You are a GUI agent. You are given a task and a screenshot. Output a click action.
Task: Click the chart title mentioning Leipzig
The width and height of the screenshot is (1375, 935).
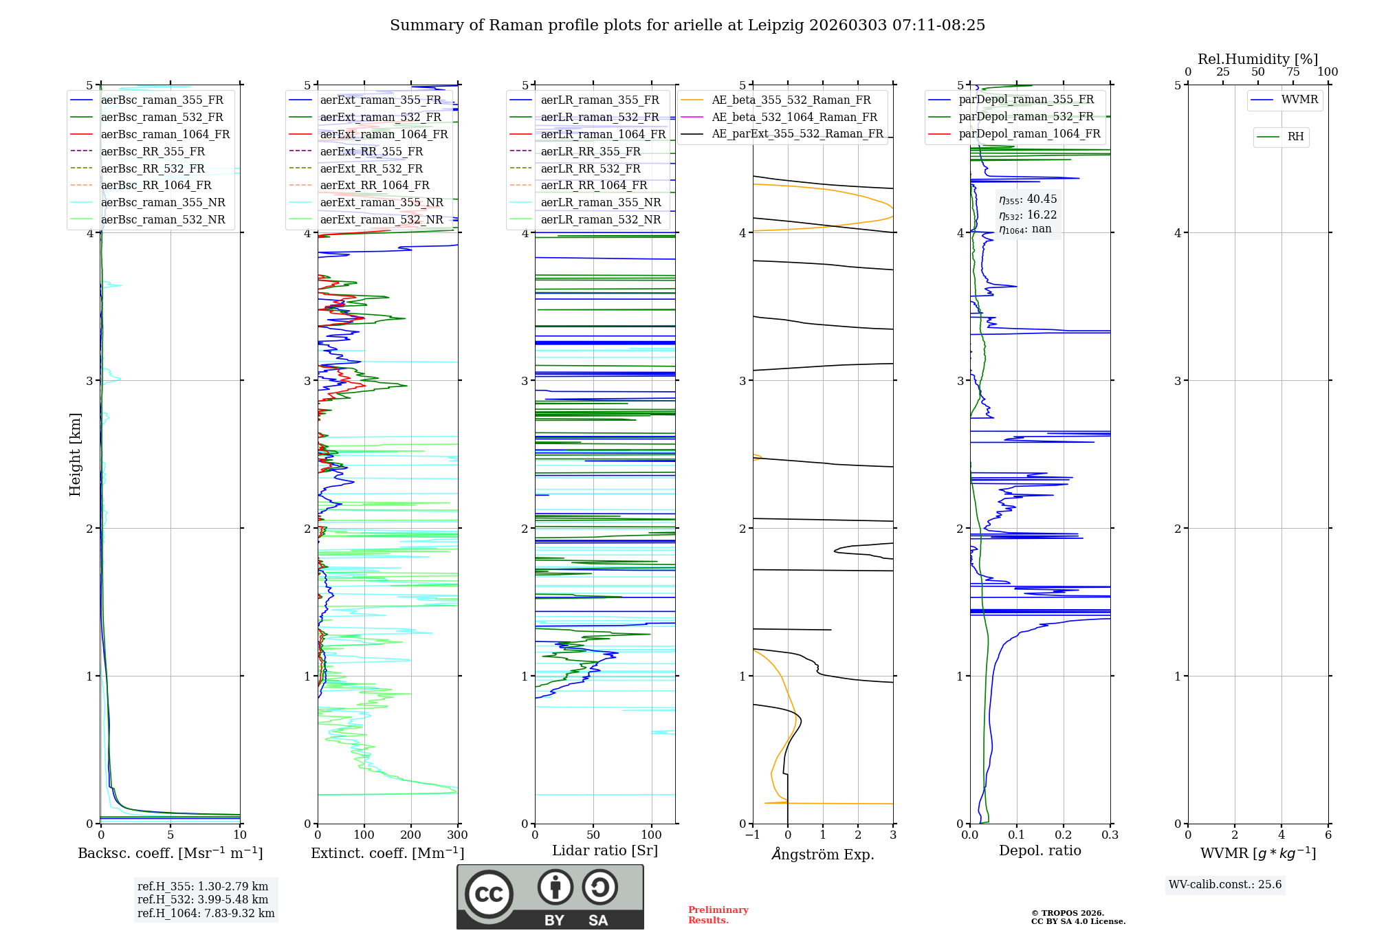687,25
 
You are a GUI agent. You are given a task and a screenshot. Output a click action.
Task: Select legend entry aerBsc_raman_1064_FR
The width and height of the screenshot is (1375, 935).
165,134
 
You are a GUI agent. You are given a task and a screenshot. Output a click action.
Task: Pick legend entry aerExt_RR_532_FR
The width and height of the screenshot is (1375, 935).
371,168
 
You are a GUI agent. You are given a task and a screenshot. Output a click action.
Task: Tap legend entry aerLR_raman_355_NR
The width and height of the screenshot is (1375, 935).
600,202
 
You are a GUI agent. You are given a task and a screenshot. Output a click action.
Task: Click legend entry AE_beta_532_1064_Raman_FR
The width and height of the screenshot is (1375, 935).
794,117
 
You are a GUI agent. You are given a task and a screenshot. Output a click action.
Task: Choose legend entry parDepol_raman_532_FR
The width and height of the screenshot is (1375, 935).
1026,116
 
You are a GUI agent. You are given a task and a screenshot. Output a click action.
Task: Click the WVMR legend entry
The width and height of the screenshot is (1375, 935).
1299,100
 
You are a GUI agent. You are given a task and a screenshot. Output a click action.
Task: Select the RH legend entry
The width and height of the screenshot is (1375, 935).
1295,137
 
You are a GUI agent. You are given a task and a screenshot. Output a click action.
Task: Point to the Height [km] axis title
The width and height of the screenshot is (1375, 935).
75,454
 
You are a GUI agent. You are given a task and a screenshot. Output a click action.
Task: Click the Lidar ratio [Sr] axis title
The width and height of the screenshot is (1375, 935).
605,850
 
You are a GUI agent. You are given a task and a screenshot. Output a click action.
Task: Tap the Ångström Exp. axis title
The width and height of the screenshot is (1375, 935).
823,854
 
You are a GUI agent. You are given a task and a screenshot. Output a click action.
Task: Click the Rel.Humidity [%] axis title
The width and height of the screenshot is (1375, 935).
1257,59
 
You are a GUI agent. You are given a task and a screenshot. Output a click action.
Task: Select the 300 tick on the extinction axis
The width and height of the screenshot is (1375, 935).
457,835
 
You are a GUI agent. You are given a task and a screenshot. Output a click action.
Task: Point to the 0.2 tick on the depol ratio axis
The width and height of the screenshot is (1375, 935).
1064,835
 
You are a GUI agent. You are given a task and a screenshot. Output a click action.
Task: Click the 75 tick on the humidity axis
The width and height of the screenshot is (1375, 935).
1293,72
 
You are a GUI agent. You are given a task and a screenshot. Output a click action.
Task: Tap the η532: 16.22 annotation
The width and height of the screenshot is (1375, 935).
1028,215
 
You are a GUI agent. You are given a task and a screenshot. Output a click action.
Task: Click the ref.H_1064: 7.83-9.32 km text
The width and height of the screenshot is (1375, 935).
206,913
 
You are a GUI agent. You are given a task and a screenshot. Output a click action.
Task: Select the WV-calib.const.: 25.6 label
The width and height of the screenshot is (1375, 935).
1225,884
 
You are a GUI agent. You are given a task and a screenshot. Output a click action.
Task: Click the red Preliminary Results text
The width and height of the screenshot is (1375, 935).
718,915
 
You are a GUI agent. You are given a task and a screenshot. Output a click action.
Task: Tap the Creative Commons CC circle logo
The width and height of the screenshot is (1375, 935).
489,894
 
